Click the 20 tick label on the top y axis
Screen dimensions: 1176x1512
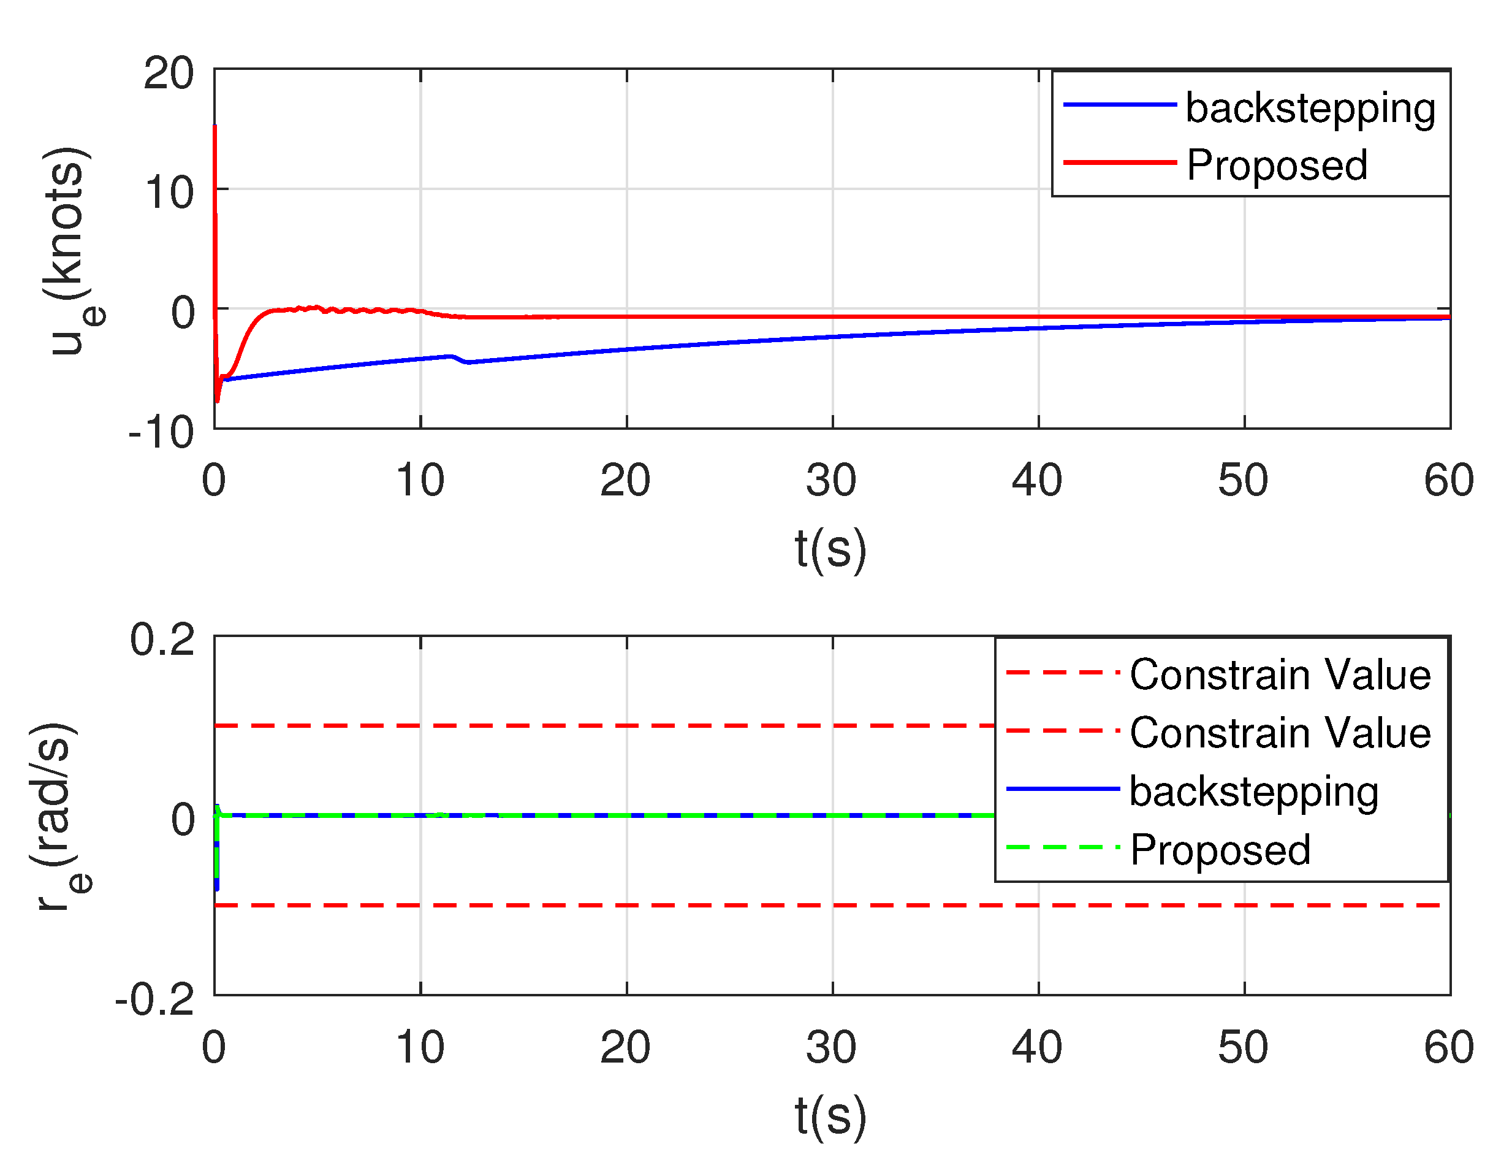click(168, 74)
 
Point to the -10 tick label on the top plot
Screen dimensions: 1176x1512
click(161, 433)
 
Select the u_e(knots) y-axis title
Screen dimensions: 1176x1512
click(69, 251)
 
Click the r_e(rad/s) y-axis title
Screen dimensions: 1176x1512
click(59, 817)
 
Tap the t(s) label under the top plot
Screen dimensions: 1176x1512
click(830, 549)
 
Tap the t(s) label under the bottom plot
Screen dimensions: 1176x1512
click(830, 1116)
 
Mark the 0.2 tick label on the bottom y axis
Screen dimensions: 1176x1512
click(162, 640)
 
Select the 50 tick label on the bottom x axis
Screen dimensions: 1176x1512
click(1244, 1047)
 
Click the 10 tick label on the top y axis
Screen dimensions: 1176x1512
click(168, 193)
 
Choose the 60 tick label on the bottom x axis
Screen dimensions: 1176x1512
click(1449, 1047)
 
